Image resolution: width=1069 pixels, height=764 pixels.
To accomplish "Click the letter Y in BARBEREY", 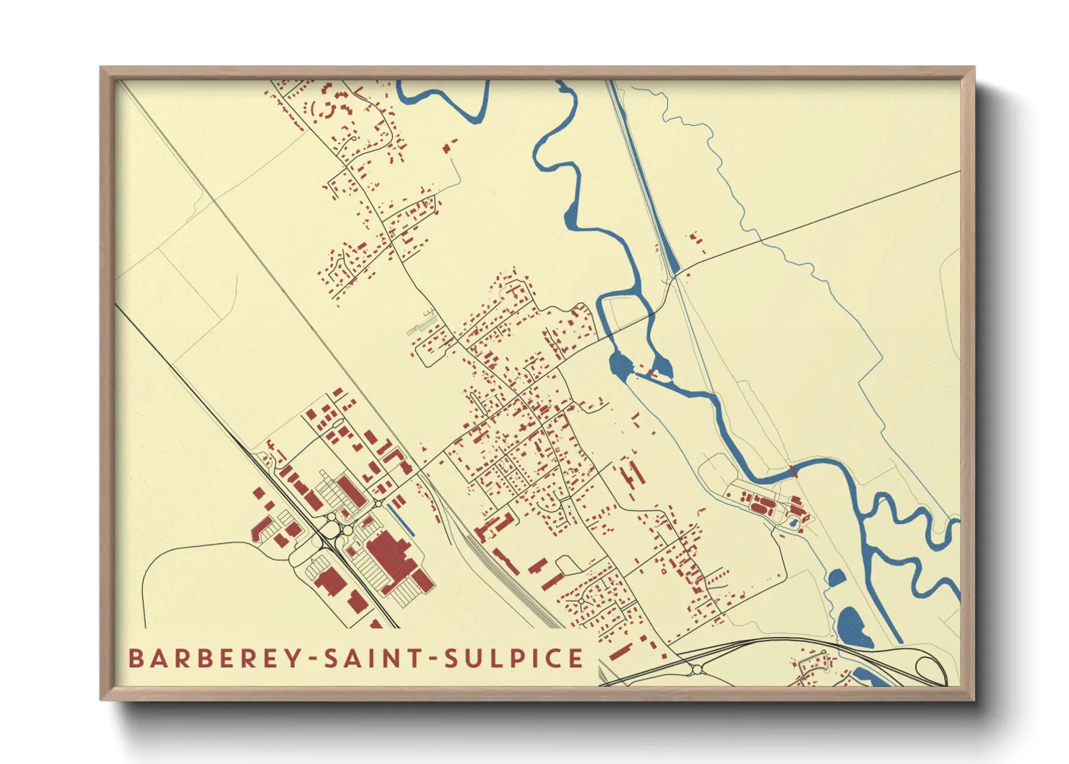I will click(295, 659).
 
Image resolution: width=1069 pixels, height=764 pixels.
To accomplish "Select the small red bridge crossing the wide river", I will click(793, 472).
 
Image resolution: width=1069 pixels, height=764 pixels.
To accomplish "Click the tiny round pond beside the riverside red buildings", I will click(793, 521).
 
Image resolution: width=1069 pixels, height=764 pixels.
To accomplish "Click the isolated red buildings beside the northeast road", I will click(696, 239).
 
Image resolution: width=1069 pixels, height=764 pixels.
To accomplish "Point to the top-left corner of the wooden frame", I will click(102, 69).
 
